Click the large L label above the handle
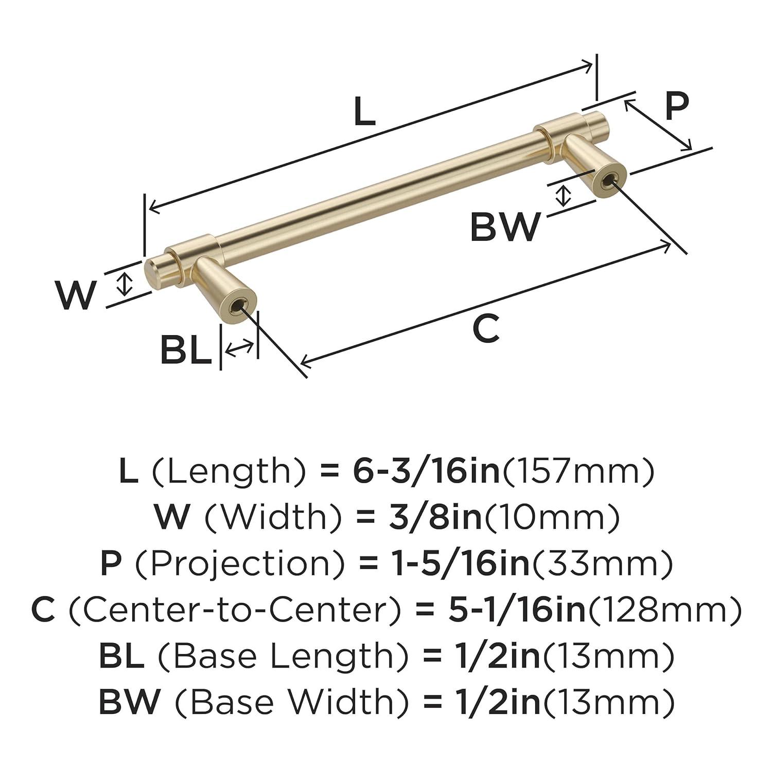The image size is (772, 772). [x=364, y=111]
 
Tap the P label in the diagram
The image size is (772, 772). [x=676, y=106]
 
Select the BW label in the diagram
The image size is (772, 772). [x=505, y=227]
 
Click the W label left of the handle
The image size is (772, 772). [x=76, y=295]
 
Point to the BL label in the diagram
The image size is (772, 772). [x=185, y=350]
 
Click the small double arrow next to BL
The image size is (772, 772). [x=239, y=348]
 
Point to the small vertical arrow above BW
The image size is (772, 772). [x=564, y=196]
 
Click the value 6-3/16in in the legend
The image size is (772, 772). [x=426, y=471]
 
